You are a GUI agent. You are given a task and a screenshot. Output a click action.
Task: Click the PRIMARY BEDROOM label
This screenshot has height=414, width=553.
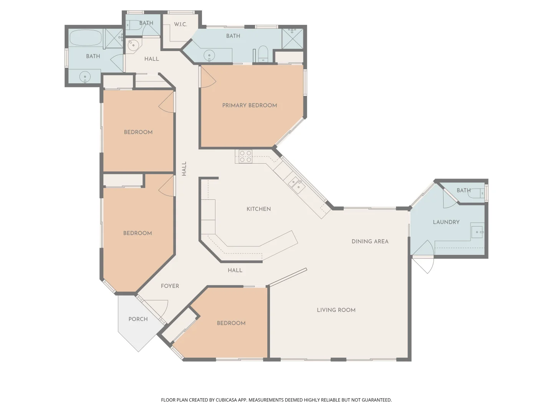(x=250, y=105)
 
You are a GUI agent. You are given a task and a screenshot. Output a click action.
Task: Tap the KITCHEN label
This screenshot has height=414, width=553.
(x=258, y=209)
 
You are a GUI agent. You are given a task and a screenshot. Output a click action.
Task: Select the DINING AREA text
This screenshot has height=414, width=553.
(x=370, y=242)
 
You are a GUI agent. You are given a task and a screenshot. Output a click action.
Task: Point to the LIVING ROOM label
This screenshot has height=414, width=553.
(x=336, y=310)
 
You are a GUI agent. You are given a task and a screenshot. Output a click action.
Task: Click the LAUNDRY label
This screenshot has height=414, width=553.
(x=446, y=222)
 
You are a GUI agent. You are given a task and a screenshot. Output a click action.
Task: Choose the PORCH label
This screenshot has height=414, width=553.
(x=138, y=319)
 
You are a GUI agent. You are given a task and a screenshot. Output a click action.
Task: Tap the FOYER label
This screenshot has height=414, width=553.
(x=170, y=286)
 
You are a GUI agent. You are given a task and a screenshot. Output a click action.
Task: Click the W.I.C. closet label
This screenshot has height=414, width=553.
(x=180, y=25)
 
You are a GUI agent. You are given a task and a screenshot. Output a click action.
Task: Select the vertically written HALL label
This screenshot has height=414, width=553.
(x=184, y=169)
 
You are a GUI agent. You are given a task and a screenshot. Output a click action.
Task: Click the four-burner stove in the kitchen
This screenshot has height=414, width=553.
(x=245, y=156)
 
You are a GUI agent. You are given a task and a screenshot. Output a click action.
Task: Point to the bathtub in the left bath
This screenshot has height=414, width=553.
(x=86, y=38)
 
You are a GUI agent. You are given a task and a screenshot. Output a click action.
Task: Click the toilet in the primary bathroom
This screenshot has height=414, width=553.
(x=263, y=53)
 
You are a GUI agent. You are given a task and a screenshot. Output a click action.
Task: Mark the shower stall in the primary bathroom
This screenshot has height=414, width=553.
(x=292, y=38)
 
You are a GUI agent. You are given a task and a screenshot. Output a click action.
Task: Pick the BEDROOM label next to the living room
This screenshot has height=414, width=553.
(x=231, y=323)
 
